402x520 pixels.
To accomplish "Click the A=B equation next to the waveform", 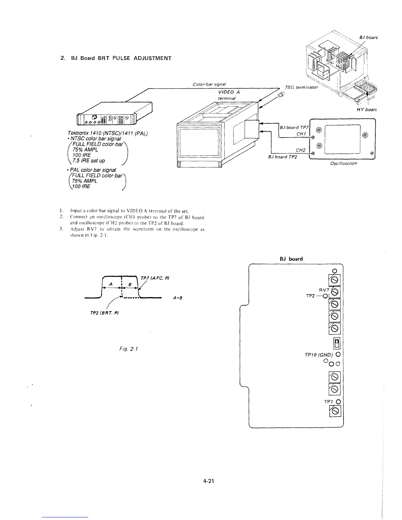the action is [177, 298].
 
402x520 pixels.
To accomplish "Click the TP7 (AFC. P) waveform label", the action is [155, 278].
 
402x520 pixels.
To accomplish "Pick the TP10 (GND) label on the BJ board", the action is [319, 355].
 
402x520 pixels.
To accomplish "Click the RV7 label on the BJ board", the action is [324, 290].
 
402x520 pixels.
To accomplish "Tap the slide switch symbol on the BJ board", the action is [337, 343].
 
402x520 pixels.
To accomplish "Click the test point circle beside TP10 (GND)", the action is [338, 355].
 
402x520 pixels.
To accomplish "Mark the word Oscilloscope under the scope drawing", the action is [344, 163].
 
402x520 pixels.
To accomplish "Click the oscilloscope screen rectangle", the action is [342, 139].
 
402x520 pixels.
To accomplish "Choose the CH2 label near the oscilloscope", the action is [301, 150].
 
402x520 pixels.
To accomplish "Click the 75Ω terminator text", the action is [302, 87].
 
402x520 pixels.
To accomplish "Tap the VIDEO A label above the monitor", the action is [229, 92].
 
